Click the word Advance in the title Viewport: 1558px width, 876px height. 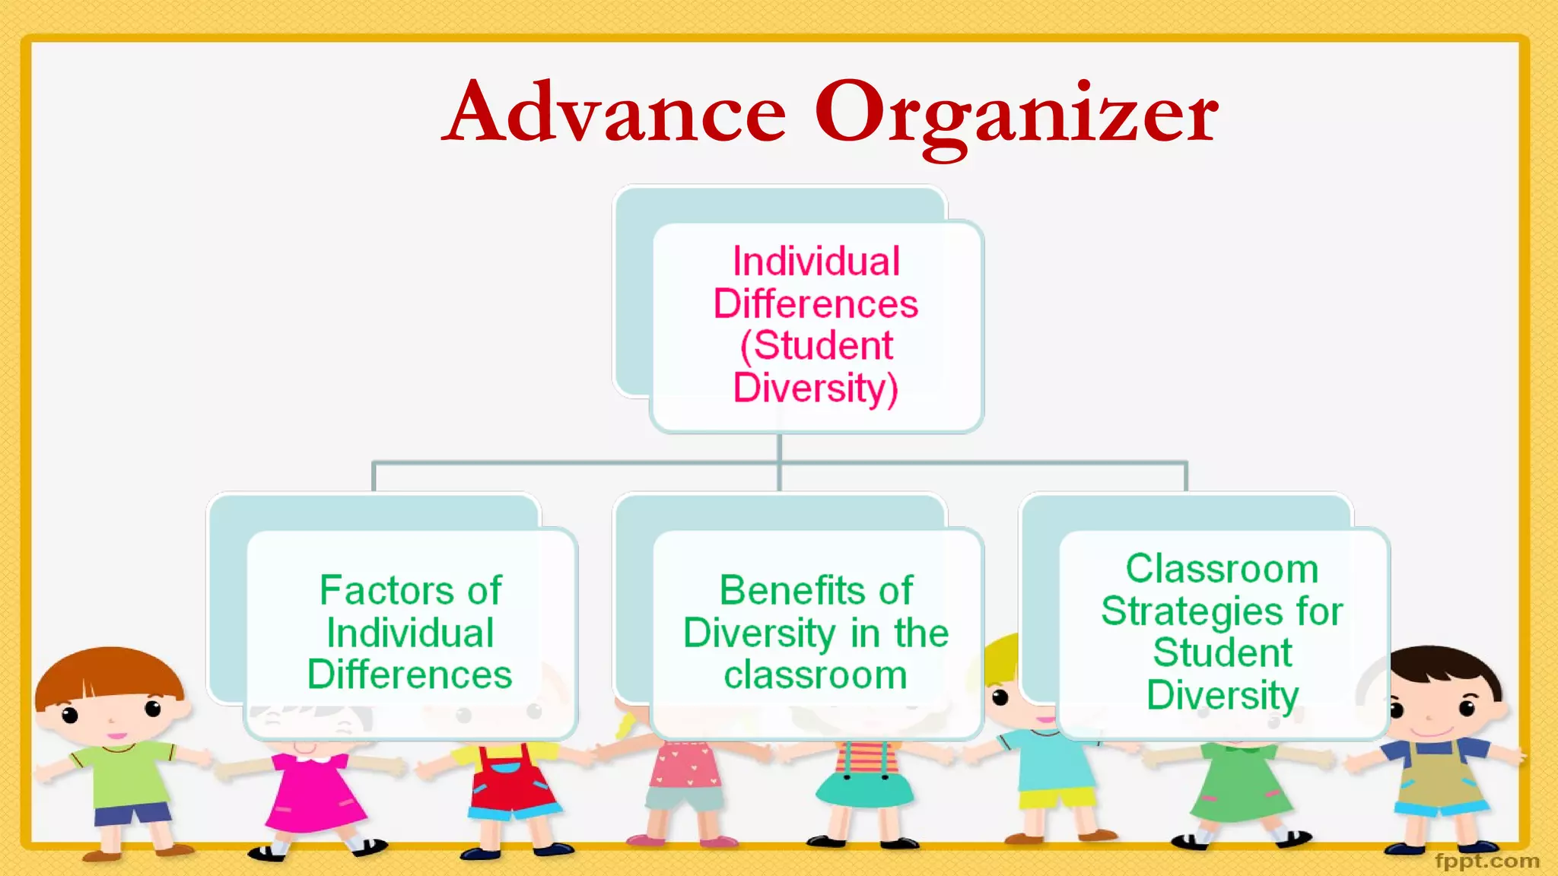[615, 113]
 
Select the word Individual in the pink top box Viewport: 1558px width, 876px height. [816, 262]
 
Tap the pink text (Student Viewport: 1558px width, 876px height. [816, 346]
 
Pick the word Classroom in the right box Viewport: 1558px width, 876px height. [1222, 569]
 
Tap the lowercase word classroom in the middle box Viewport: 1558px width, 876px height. [816, 675]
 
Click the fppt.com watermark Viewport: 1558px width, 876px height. [1486, 861]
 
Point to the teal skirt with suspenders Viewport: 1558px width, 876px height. [863, 783]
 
